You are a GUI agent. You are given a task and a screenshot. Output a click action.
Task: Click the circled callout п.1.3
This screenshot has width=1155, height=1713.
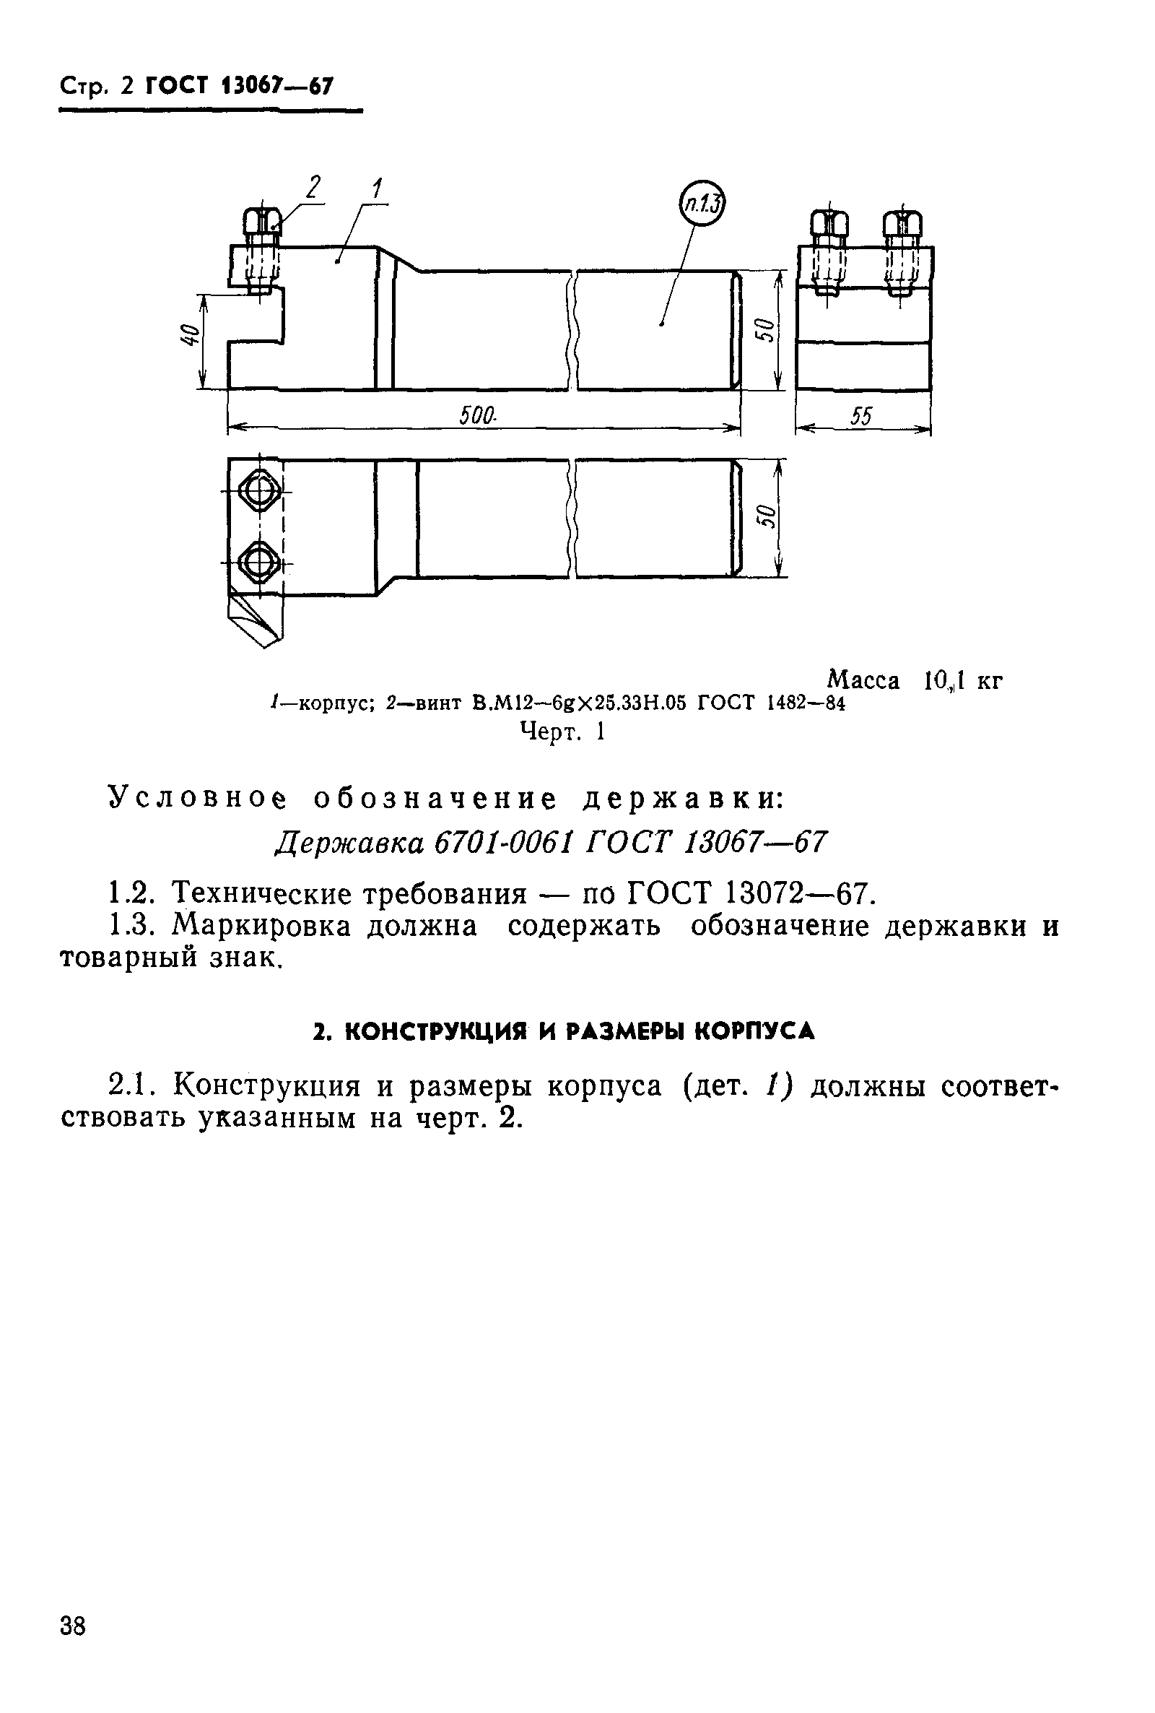click(701, 204)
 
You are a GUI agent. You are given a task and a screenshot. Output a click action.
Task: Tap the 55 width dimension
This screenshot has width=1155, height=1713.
click(860, 417)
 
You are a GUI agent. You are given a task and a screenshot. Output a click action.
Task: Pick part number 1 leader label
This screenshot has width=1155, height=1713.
click(376, 188)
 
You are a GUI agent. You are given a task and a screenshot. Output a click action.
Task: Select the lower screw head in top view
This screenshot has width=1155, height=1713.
click(257, 562)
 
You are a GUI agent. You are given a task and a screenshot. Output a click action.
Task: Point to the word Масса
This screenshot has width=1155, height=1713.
click(863, 680)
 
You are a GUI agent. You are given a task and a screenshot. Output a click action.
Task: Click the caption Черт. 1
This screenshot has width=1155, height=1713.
click(562, 732)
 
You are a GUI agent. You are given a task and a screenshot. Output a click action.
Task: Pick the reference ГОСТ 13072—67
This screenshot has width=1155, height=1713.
click(749, 894)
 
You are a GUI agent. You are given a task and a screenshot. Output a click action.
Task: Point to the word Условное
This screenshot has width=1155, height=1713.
click(197, 799)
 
